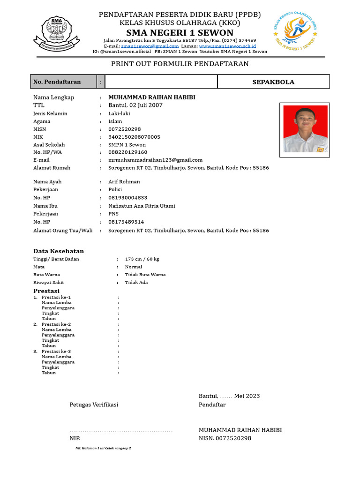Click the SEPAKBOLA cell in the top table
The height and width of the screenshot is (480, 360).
click(x=273, y=82)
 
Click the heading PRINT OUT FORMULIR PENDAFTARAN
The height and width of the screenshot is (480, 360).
click(x=180, y=64)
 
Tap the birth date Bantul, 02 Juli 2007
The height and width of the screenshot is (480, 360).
click(x=135, y=105)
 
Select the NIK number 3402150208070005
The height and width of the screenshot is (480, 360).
click(x=134, y=137)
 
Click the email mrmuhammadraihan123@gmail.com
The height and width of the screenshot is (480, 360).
click(x=155, y=160)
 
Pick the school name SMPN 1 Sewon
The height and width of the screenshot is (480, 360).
click(x=127, y=145)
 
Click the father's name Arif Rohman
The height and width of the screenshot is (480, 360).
click(x=124, y=182)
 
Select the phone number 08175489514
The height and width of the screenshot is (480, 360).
click(x=126, y=222)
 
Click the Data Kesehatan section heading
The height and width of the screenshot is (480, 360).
click(x=59, y=251)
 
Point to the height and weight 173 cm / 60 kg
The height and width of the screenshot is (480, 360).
click(x=142, y=259)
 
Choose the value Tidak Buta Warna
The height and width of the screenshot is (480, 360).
click(x=145, y=275)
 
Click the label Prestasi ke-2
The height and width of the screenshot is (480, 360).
click(x=56, y=324)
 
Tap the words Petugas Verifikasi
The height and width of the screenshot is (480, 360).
click(x=94, y=405)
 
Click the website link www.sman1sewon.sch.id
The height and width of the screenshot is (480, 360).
click(x=227, y=46)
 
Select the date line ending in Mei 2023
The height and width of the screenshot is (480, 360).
click(x=229, y=396)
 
